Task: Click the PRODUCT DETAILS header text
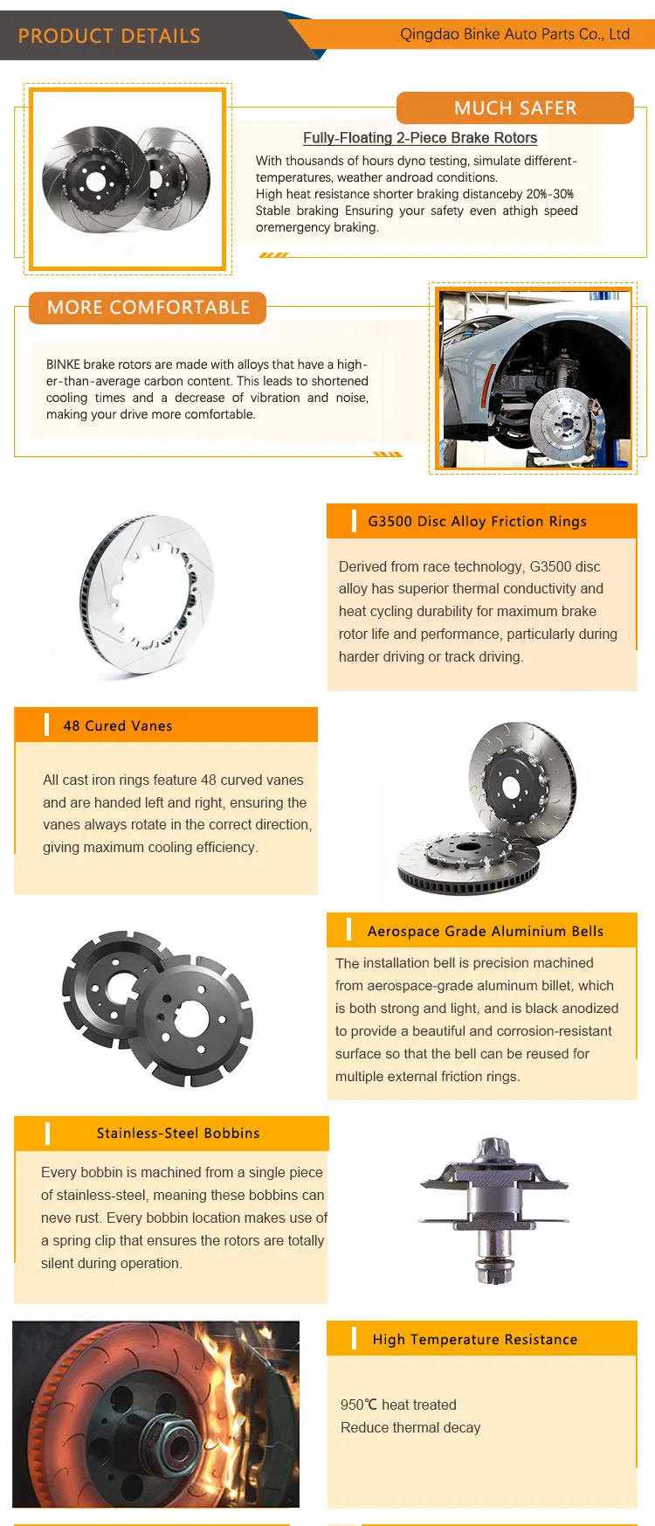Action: pos(109,36)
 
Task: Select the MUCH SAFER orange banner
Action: pos(515,108)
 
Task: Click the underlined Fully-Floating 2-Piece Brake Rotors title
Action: pos(420,137)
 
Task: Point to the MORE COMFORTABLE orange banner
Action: pos(148,308)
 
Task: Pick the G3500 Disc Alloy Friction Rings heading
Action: pos(477,522)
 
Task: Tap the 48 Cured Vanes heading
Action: pos(118,726)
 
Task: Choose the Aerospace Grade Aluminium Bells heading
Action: pos(486,932)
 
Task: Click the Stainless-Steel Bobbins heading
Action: pos(178,1134)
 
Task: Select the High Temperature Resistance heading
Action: pos(475,1340)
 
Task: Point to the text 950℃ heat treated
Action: pos(398,1405)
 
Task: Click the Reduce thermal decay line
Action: pos(410,1427)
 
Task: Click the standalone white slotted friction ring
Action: pos(147,596)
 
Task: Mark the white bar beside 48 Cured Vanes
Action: pos(46,725)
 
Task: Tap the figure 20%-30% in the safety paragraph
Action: pos(549,194)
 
